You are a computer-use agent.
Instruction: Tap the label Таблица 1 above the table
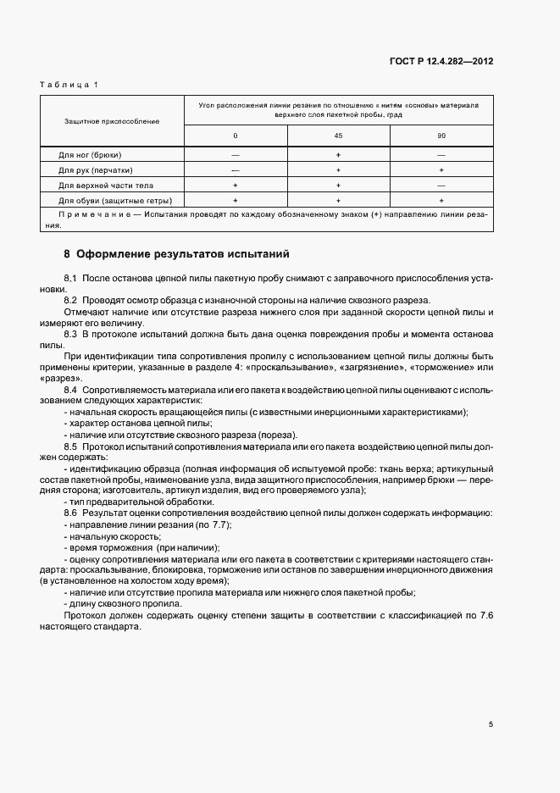click(70, 85)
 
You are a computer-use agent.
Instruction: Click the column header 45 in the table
click(338, 136)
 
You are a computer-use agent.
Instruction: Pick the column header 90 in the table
click(441, 136)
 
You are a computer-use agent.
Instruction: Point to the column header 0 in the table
click(236, 136)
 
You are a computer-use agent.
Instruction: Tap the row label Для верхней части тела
click(105, 185)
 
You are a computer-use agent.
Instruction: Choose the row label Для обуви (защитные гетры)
click(115, 201)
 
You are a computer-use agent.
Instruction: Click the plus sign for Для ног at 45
click(338, 155)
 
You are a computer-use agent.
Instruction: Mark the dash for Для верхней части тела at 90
click(441, 185)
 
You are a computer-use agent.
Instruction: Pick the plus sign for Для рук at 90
click(441, 170)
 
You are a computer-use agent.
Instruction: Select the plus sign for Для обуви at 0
click(236, 201)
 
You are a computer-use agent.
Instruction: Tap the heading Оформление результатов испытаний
click(182, 253)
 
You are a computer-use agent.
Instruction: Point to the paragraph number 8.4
click(70, 388)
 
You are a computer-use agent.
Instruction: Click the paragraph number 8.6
click(70, 513)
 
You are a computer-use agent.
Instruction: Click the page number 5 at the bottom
click(491, 724)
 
